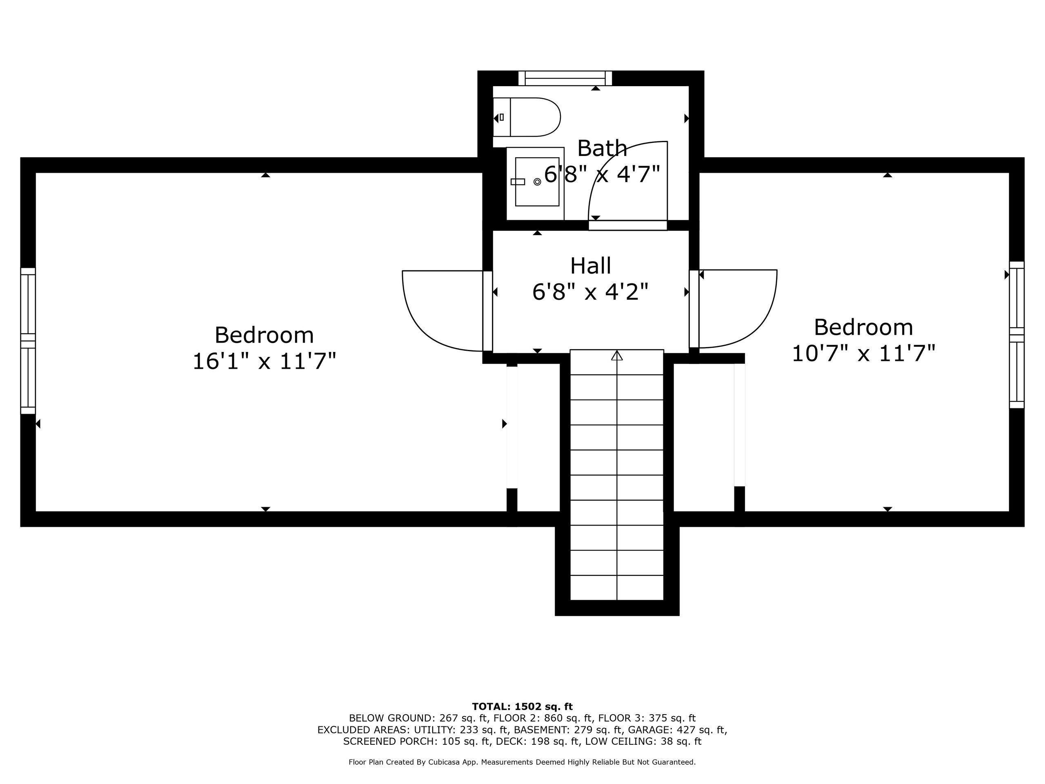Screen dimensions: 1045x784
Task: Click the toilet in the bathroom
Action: pyautogui.click(x=526, y=117)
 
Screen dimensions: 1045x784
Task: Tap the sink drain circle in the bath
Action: pyautogui.click(x=537, y=181)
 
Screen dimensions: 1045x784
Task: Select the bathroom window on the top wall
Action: pyautogui.click(x=565, y=78)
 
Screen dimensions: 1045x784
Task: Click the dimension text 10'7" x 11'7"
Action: pyautogui.click(x=863, y=354)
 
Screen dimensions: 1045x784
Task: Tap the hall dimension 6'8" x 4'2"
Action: pyautogui.click(x=590, y=292)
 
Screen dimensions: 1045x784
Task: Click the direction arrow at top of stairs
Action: pyautogui.click(x=617, y=355)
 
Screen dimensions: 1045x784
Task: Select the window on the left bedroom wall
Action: pyautogui.click(x=28, y=341)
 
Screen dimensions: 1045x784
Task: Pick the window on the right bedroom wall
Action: pyautogui.click(x=1017, y=334)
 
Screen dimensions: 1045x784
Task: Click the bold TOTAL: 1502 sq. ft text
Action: pyautogui.click(x=522, y=706)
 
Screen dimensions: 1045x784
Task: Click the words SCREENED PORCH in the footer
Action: pyautogui.click(x=390, y=742)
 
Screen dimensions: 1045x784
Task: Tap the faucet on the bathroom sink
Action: pyautogui.click(x=518, y=181)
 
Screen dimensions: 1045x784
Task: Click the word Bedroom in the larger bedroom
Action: pyautogui.click(x=264, y=335)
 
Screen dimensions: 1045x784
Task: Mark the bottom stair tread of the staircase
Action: pyautogui.click(x=617, y=588)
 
